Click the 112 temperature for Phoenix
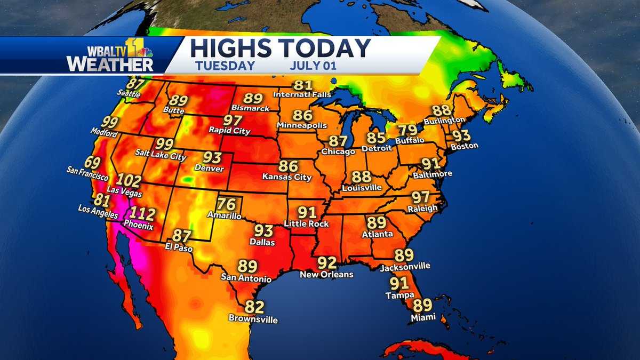(143, 214)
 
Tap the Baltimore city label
(433, 174)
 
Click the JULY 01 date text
(315, 67)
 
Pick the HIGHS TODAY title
(280, 49)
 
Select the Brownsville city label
(253, 319)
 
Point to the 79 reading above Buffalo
(409, 130)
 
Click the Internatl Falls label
(302, 94)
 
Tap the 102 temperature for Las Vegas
(129, 180)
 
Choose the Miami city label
(423, 317)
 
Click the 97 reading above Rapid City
(233, 119)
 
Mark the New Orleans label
(326, 274)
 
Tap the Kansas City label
(287, 177)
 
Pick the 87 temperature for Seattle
(135, 84)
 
